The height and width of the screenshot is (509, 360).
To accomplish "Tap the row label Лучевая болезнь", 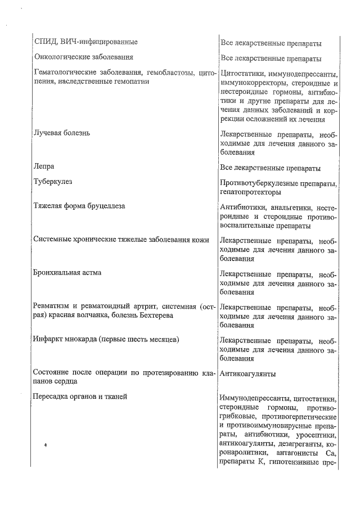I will tap(61, 133).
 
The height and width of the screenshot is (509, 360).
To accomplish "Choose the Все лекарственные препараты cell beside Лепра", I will tap(271, 168).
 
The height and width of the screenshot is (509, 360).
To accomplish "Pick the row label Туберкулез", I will tap(53, 182).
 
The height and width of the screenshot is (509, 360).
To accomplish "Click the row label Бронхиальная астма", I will tap(67, 273).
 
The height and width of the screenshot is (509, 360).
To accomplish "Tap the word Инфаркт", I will tap(49, 340).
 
